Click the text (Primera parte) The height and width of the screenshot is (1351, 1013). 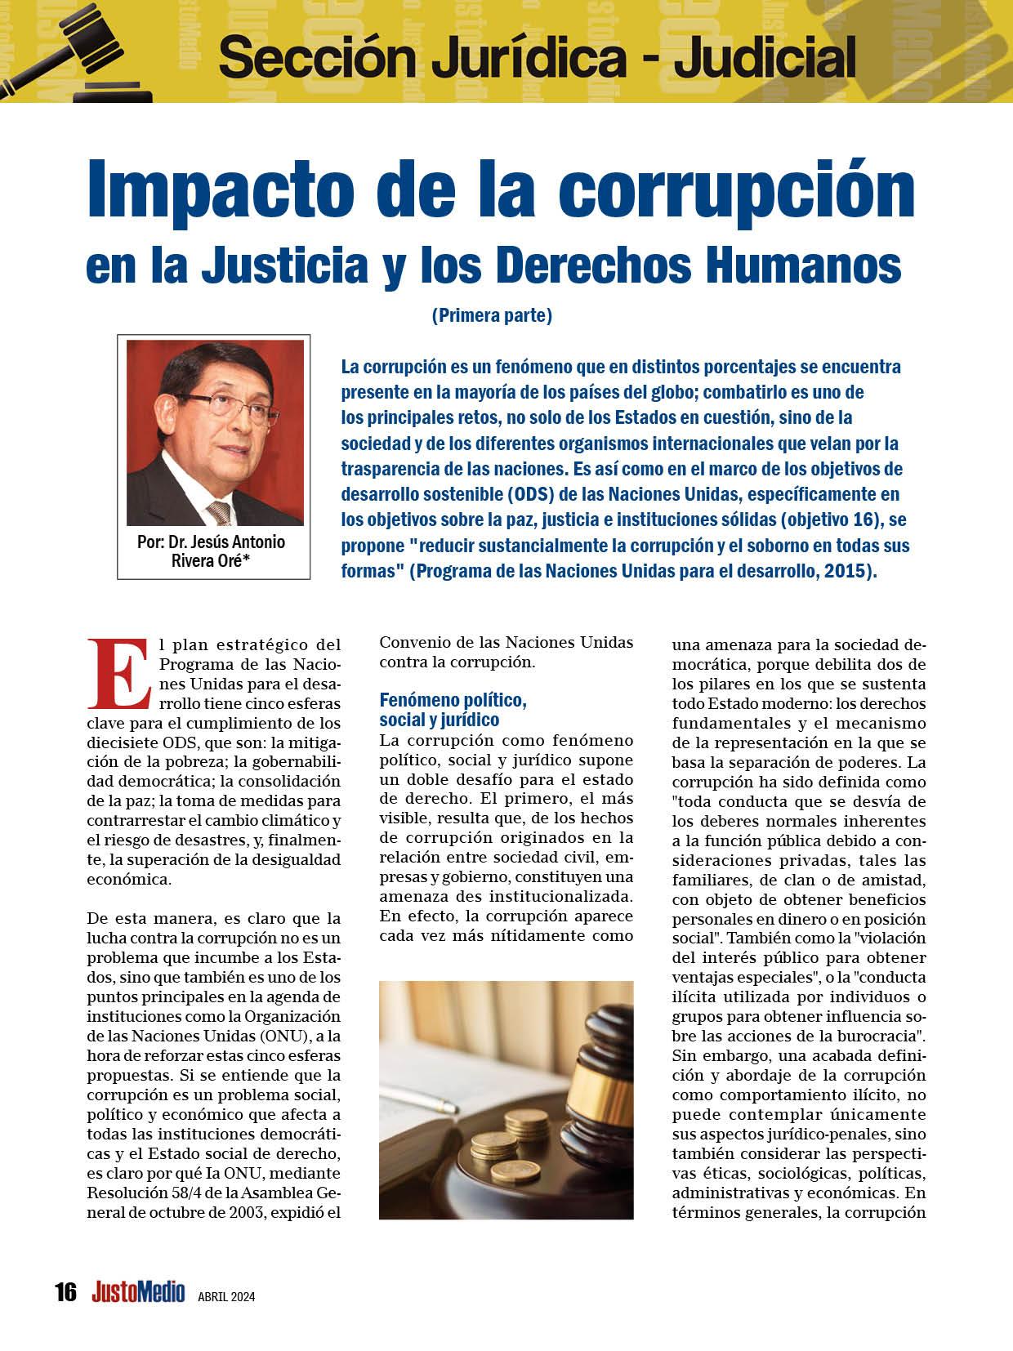492,315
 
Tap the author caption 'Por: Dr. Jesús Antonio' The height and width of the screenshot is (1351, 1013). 212,542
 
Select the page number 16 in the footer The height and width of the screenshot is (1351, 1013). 65,1292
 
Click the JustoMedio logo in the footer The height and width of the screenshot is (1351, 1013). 138,1292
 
